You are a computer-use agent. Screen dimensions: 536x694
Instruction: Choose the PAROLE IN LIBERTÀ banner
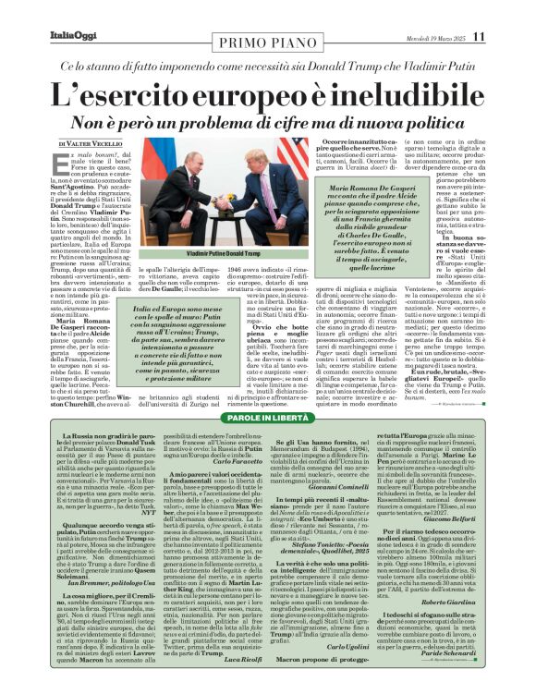[x=268, y=419]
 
